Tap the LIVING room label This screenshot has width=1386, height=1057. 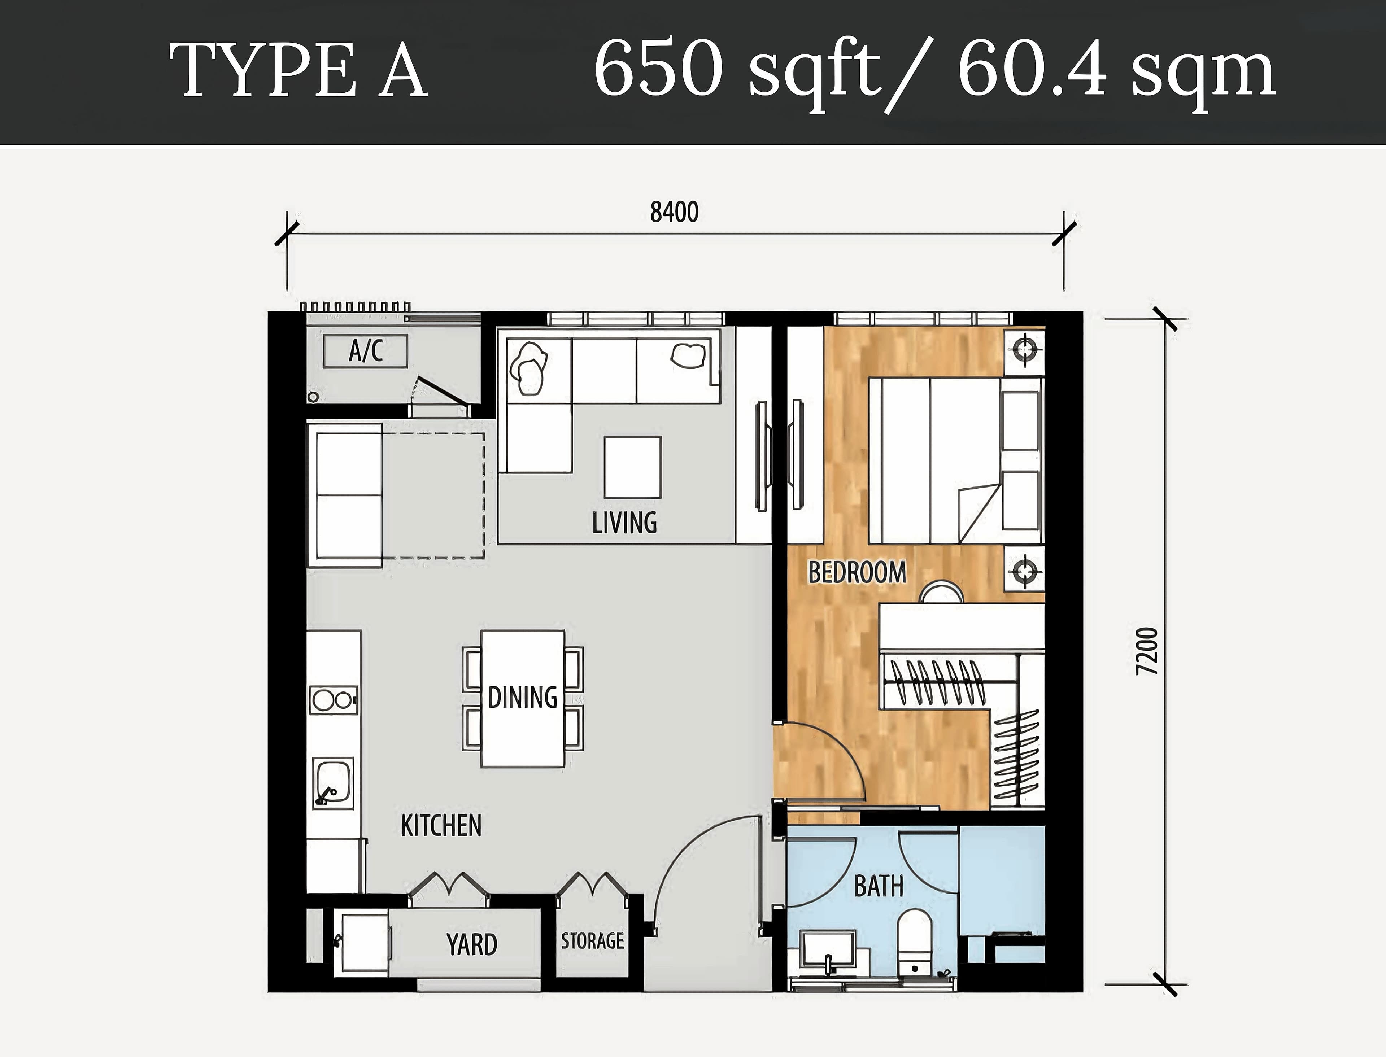click(624, 523)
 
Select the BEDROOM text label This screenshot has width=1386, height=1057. click(857, 572)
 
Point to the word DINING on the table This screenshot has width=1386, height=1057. click(522, 698)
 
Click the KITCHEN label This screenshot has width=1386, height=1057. click(441, 825)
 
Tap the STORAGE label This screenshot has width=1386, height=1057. click(593, 940)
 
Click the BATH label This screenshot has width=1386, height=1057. click(879, 886)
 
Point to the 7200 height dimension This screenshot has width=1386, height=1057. click(1147, 651)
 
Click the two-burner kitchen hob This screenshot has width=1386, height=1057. click(334, 700)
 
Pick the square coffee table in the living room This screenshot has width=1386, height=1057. click(632, 467)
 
